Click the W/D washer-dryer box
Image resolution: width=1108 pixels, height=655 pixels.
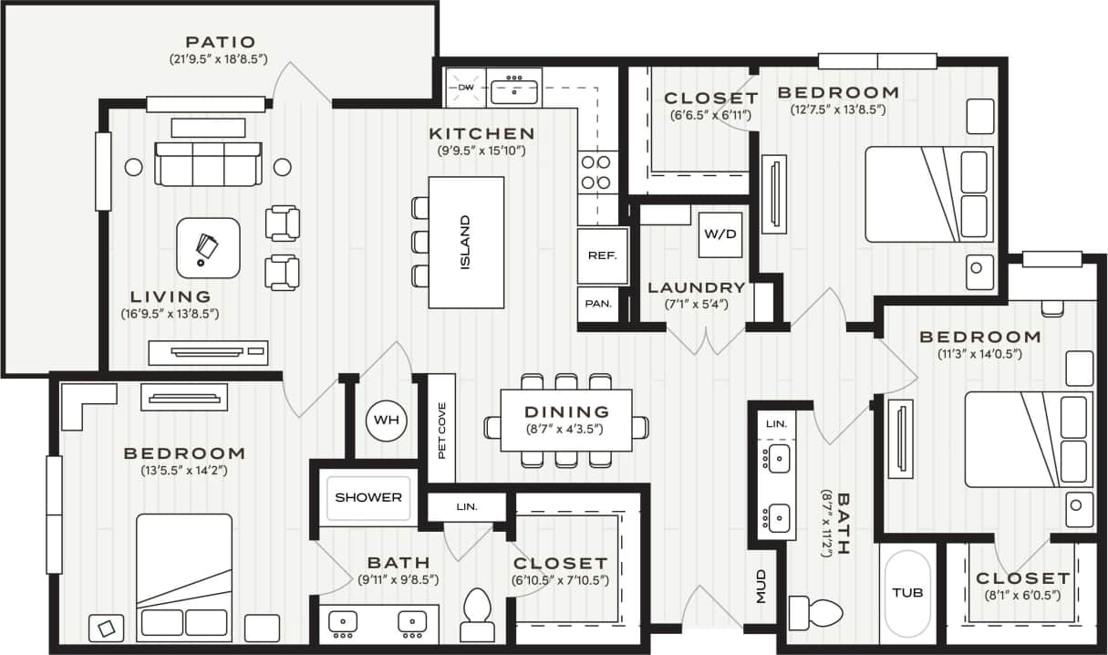pyautogui.click(x=719, y=234)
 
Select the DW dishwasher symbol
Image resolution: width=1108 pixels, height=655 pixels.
pyautogui.click(x=466, y=88)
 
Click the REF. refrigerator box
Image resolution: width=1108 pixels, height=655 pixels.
pyautogui.click(x=602, y=256)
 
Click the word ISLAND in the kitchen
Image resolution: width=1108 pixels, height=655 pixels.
pyautogui.click(x=465, y=243)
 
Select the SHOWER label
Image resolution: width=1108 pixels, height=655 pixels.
pyautogui.click(x=368, y=497)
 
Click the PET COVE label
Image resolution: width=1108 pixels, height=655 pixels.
pyautogui.click(x=441, y=430)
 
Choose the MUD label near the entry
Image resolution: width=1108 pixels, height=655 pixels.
pyautogui.click(x=761, y=587)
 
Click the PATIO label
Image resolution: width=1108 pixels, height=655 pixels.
pyautogui.click(x=220, y=42)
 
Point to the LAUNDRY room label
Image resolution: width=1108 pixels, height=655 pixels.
pyautogui.click(x=697, y=287)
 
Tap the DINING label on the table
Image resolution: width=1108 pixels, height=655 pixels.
pyautogui.click(x=566, y=412)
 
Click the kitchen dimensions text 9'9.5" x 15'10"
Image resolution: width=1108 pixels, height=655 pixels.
pyautogui.click(x=482, y=151)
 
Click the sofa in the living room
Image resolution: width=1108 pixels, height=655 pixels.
pyautogui.click(x=208, y=162)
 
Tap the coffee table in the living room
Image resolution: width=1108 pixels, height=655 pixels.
pyautogui.click(x=208, y=247)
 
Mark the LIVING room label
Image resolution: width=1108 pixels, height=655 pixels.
pyautogui.click(x=171, y=296)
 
